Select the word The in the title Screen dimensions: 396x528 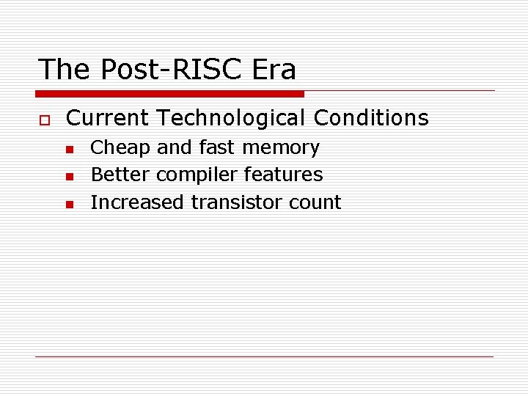pos(65,70)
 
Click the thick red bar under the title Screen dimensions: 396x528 pos(169,94)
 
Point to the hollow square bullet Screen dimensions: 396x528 pos(44,120)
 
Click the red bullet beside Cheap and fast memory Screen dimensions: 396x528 pos(68,150)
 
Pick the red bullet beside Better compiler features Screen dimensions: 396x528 pos(68,177)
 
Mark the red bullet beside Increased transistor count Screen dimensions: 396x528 pos(68,205)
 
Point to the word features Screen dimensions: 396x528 pos(283,175)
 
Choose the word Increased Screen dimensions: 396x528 pos(138,202)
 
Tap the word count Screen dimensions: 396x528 pos(315,202)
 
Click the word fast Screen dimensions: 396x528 pos(216,148)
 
